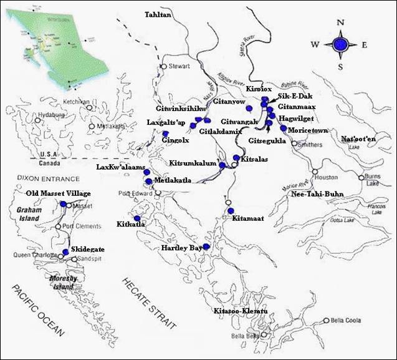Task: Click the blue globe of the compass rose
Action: [340, 44]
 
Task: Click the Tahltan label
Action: [157, 14]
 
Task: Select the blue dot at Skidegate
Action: [65, 252]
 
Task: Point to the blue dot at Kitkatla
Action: [137, 218]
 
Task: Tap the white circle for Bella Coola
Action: [326, 321]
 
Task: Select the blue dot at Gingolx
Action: [165, 134]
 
